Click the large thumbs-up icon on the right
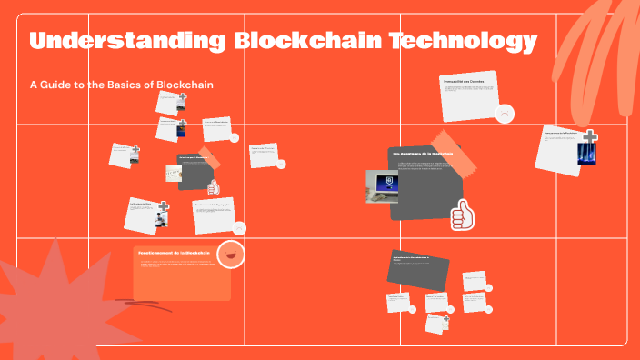pyautogui.click(x=463, y=215)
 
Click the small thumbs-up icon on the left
pyautogui.click(x=214, y=188)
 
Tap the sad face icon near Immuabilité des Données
pyautogui.click(x=505, y=113)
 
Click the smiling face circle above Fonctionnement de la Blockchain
pyautogui.click(x=233, y=255)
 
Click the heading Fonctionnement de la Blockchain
pyautogui.click(x=174, y=252)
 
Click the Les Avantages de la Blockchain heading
pyautogui.click(x=423, y=155)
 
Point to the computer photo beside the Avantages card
pyautogui.click(x=380, y=187)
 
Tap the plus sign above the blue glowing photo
pyautogui.click(x=590, y=137)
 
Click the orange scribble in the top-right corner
pyautogui.click(x=591, y=45)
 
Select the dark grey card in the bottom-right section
pyautogui.click(x=418, y=269)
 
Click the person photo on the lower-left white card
pyautogui.click(x=157, y=219)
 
